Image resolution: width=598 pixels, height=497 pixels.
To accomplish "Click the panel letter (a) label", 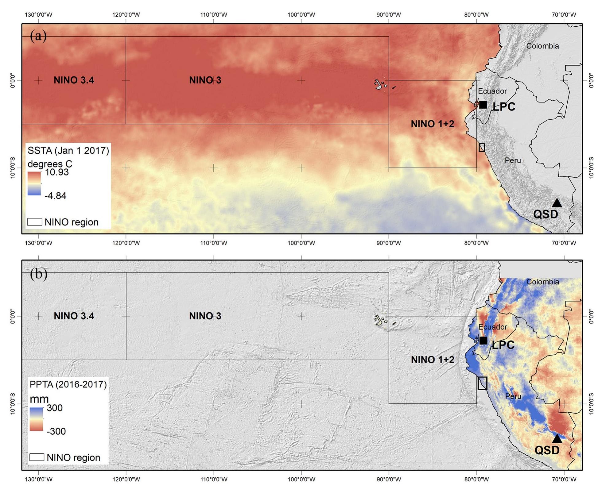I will click(x=38, y=36).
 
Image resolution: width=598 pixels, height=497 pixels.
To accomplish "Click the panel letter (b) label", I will click(x=39, y=273).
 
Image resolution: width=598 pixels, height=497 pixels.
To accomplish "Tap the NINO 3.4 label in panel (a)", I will click(x=74, y=80).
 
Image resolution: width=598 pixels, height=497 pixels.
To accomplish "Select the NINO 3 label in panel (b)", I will click(x=205, y=316).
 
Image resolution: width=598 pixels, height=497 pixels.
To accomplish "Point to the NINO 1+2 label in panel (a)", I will click(x=432, y=124).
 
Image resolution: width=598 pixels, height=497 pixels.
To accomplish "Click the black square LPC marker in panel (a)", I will click(x=483, y=105).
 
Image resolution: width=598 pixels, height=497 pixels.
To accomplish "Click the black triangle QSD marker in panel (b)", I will click(x=557, y=439).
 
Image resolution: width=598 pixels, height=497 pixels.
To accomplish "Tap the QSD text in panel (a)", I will click(x=546, y=214).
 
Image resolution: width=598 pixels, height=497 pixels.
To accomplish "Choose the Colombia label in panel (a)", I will click(x=542, y=46).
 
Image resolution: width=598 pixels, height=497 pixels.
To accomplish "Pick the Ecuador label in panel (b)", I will click(x=492, y=327).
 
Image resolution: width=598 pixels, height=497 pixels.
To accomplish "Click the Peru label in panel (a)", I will click(x=513, y=160).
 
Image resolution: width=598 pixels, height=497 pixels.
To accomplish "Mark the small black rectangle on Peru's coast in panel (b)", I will click(x=482, y=383).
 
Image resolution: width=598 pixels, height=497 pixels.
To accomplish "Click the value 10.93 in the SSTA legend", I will click(x=57, y=172).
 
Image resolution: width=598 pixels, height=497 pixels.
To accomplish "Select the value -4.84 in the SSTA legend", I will click(x=55, y=196).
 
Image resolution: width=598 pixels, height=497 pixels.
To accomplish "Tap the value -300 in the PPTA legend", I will click(x=56, y=431).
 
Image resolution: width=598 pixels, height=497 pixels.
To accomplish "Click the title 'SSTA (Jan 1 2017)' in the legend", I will click(x=68, y=151).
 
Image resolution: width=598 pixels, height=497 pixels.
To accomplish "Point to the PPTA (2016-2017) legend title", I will click(x=68, y=384).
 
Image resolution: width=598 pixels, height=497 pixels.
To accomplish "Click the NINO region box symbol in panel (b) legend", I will click(x=37, y=457).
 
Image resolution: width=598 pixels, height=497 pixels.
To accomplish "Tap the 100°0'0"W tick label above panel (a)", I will click(x=301, y=15).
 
